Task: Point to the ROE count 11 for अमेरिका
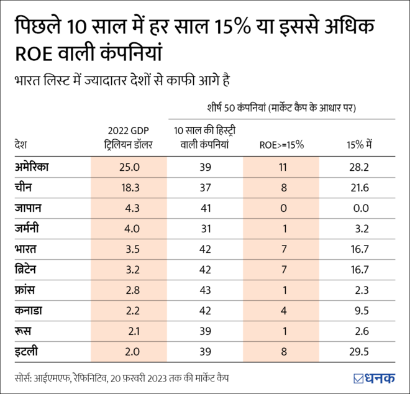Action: [x=282, y=167]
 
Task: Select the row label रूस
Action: [x=24, y=331]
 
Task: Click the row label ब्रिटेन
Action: [x=29, y=269]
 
